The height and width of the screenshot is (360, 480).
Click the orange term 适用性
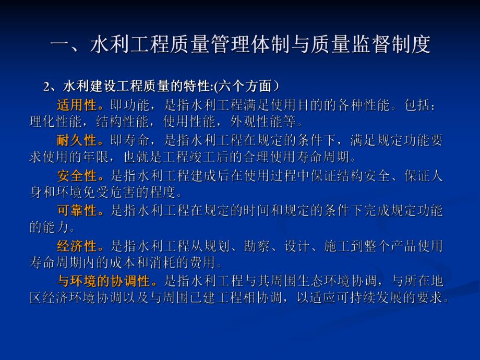(77, 105)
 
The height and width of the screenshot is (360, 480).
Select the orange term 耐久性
(77, 140)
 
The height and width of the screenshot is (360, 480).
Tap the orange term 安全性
(77, 176)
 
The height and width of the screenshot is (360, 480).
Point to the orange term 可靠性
(77, 211)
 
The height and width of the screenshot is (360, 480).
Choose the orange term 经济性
(77, 246)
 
